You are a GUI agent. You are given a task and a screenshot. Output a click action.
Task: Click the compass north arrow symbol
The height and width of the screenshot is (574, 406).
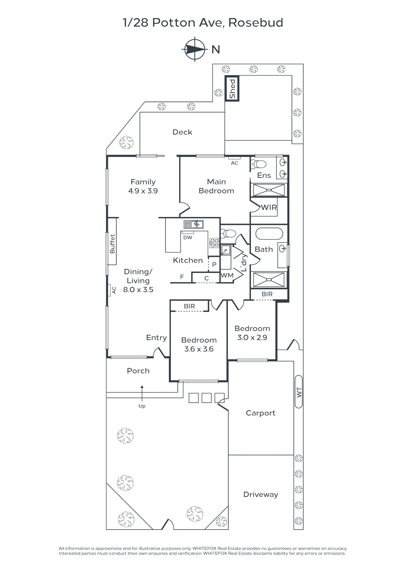coord(195,49)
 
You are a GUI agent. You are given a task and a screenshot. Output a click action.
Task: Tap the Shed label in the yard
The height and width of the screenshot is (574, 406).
coord(232,89)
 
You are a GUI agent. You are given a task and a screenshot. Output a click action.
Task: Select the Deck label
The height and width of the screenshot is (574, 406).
coord(182,132)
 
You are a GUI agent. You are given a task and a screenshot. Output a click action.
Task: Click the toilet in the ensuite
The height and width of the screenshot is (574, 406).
coord(259,164)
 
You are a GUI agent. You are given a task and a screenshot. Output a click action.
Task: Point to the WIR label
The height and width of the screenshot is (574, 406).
coord(269,208)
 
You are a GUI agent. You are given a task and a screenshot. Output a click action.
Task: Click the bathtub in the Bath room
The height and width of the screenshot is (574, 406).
coord(269,234)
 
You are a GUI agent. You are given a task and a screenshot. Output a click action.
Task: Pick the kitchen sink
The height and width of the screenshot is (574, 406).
coord(194,224)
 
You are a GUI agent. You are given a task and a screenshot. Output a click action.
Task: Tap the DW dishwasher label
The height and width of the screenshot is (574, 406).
coord(188,238)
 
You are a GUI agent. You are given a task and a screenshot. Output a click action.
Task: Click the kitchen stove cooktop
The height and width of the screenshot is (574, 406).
coord(214,243)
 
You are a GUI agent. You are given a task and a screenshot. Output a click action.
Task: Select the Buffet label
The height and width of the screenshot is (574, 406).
coord(112,244)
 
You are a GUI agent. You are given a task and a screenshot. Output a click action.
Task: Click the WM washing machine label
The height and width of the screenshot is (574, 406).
coord(227,276)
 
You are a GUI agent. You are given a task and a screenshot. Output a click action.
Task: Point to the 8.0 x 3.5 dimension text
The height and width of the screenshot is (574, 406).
coord(138,290)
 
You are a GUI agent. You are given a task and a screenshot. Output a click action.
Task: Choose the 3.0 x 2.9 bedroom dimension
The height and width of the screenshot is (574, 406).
coord(252,338)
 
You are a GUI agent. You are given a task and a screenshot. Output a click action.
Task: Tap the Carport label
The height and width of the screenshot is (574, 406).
coord(260,413)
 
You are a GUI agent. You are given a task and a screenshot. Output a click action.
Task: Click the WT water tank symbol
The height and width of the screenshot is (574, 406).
coord(299,392)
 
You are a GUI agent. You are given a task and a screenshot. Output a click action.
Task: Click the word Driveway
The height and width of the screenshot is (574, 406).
coord(261,495)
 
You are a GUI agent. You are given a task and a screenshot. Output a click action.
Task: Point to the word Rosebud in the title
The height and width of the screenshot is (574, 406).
coord(256,23)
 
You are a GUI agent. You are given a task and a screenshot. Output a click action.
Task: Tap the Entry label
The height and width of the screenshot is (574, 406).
coord(156,338)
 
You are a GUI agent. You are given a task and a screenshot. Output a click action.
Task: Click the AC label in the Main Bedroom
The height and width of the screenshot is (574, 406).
coord(235,163)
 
